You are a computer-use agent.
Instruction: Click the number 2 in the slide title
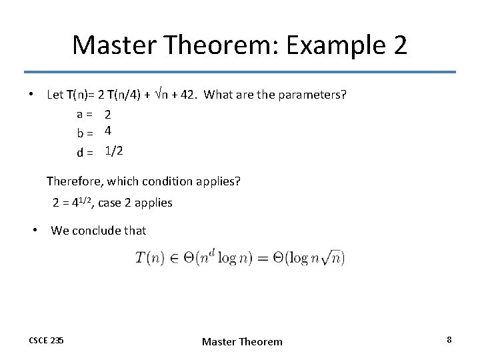397,45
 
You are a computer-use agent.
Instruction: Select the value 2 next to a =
108,115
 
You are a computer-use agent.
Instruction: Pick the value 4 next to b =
108,133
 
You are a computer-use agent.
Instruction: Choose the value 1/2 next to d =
114,151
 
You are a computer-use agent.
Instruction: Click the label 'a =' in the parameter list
84,115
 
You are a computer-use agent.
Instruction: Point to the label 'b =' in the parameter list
84,133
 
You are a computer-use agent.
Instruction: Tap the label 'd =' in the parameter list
84,153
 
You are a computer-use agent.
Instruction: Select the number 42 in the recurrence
189,94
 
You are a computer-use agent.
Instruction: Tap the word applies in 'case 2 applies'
154,203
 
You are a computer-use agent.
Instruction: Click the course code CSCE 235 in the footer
47,341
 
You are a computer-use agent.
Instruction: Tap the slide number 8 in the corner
449,340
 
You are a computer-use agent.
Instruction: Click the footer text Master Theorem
242,341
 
